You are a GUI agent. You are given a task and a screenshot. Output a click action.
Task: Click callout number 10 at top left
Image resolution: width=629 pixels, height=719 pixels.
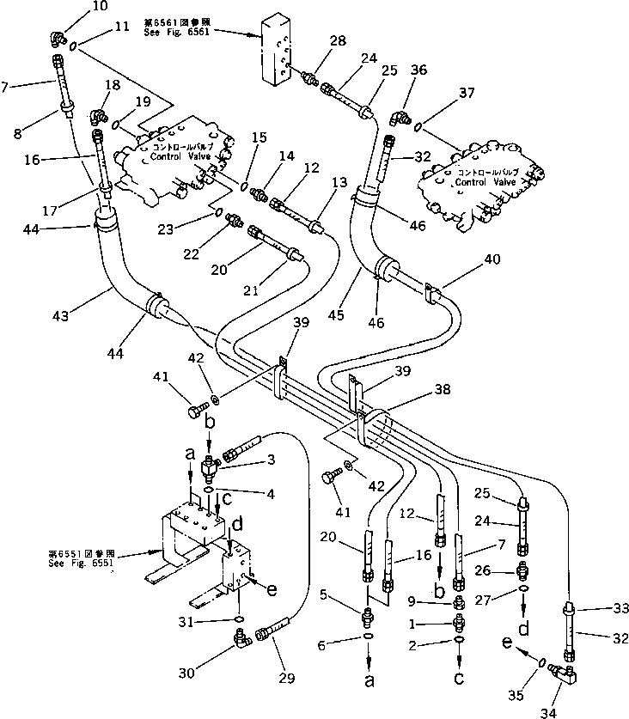tap(76, 6)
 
